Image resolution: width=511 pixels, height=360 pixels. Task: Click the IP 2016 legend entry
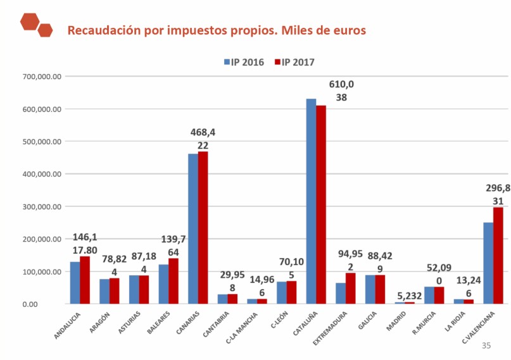point(243,62)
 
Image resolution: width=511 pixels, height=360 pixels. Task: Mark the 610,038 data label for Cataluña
point(341,91)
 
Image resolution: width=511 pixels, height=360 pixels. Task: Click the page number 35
point(486,345)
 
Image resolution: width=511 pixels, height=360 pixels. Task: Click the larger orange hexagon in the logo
point(30,22)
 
